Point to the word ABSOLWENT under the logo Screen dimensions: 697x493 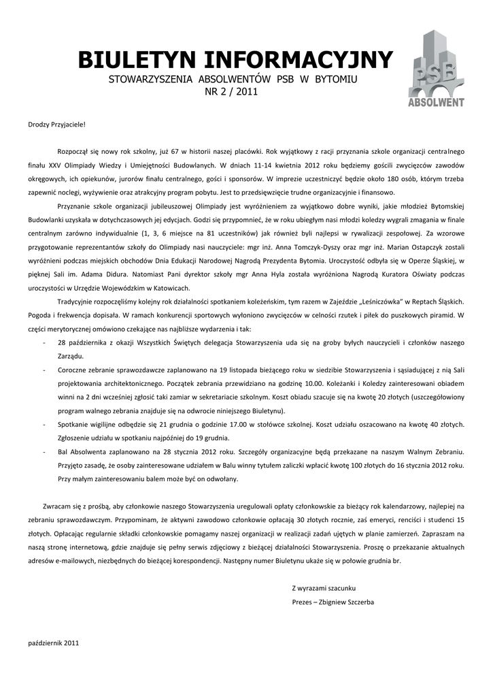[436, 103]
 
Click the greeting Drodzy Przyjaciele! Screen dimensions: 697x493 [57, 125]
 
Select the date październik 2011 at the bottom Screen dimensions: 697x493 [54, 643]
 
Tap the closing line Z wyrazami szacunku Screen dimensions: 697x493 [324, 587]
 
